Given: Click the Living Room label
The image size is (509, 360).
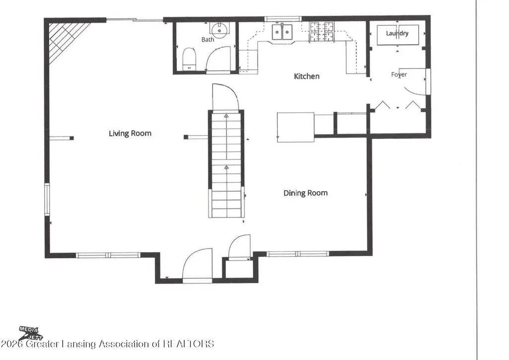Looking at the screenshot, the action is (130, 134).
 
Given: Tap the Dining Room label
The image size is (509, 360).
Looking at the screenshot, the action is (305, 193).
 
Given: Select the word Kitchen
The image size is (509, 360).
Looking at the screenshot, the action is (306, 76).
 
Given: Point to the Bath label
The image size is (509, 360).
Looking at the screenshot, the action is (208, 40).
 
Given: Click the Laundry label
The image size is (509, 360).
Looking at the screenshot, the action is (397, 33).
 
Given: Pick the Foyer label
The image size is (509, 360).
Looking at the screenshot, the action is (399, 74).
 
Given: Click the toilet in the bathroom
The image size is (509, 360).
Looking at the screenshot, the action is (189, 59).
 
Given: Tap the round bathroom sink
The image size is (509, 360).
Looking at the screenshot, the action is (220, 30).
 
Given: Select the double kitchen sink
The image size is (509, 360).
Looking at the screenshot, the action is (282, 32).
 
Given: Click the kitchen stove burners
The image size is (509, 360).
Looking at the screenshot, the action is (322, 32).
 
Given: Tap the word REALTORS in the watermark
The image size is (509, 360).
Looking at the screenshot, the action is (188, 344).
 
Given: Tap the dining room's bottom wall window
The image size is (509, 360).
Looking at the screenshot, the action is (297, 254).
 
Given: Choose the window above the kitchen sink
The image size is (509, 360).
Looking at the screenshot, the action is (283, 19).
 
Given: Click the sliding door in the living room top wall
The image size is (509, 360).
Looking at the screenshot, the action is (135, 20).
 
